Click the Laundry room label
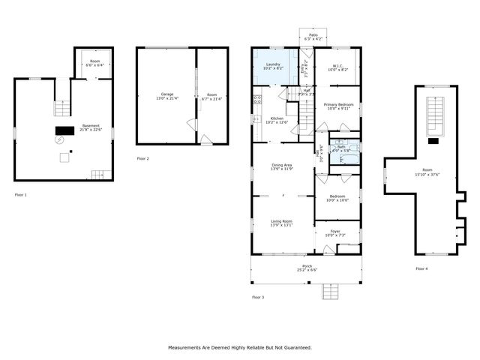coord(274,64)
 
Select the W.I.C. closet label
coord(337,64)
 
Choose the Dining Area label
coord(282,166)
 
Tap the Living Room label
coord(282,220)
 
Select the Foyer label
coord(335,231)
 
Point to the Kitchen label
coord(277,118)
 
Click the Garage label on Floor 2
coord(146,94)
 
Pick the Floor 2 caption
coord(143,159)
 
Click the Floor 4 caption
coord(421,268)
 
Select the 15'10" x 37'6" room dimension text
coord(427,175)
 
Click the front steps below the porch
coord(331,291)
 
